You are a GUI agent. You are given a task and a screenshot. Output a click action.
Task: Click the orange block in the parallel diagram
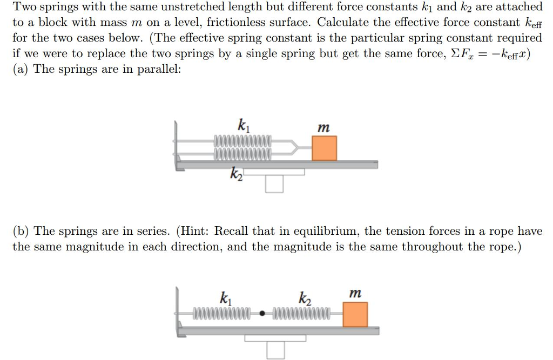tap(324, 148)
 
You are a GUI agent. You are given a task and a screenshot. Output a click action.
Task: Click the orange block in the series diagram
tap(355, 314)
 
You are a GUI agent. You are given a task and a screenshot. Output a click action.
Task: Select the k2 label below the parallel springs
tap(237, 174)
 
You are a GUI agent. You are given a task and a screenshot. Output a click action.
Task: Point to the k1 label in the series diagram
tap(224, 297)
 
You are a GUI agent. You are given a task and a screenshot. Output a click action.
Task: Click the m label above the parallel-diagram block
tap(323, 128)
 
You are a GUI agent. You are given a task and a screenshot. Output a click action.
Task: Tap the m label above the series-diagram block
tap(355, 294)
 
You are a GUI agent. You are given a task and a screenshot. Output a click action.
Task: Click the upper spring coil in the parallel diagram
tap(242, 142)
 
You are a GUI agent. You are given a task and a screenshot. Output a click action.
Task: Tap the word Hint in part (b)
tap(195, 232)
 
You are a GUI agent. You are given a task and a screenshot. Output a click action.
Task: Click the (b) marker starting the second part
tap(22, 232)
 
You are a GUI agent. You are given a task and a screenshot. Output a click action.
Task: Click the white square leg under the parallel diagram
tap(274, 184)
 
